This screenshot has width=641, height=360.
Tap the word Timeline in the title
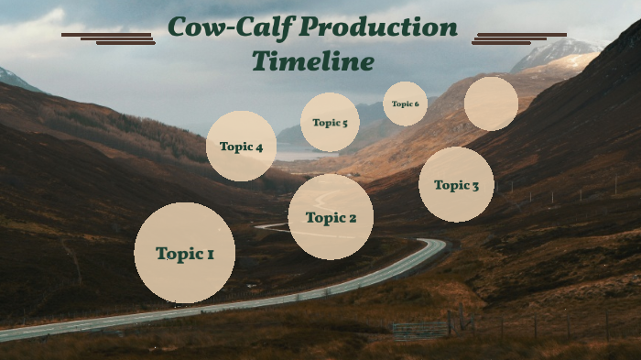[312, 62]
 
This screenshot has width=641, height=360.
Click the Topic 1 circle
[184, 253]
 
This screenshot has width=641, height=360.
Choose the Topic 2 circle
[331, 217]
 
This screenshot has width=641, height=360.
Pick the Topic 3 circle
[456, 184]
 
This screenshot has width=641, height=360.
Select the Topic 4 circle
[241, 146]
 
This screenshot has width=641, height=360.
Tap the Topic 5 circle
[330, 122]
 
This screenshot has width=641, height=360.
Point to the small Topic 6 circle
[405, 104]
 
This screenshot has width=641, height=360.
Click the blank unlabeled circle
[491, 104]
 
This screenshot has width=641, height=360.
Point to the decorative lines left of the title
[108, 38]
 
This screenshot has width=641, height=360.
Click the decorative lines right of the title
[518, 38]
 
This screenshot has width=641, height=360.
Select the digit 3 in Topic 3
[474, 185]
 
